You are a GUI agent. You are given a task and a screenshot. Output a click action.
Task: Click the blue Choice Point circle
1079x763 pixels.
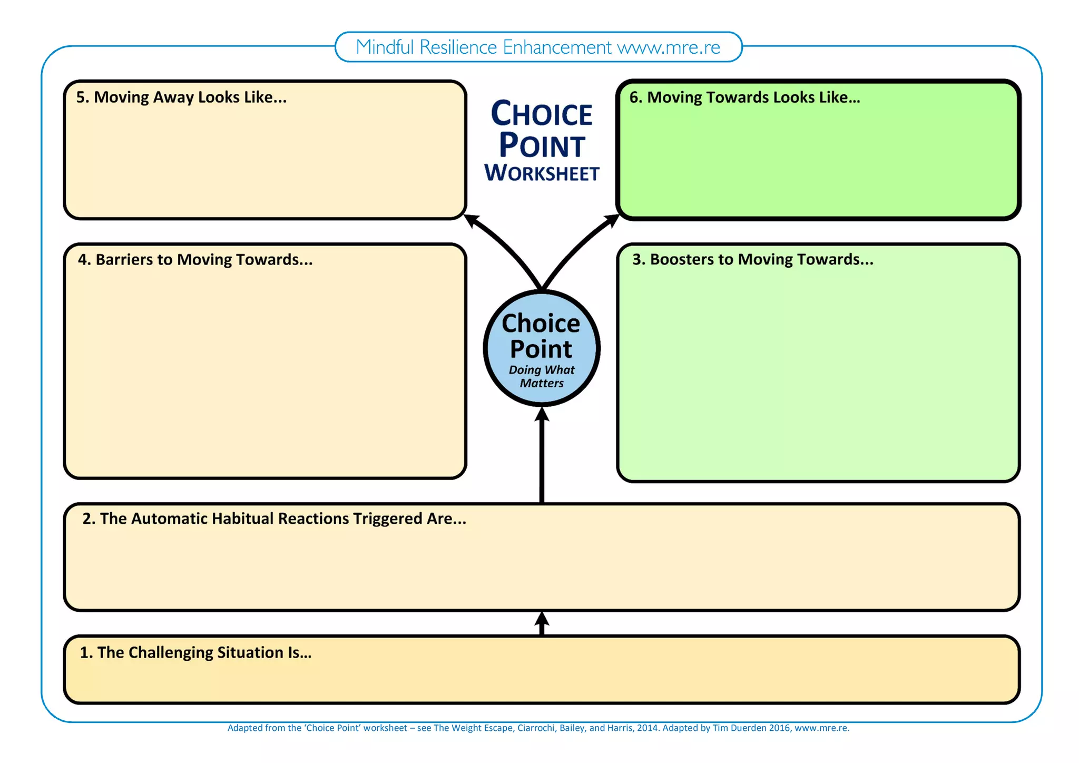tap(542, 348)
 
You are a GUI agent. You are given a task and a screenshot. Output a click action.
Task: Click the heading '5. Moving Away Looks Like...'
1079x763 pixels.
tap(181, 97)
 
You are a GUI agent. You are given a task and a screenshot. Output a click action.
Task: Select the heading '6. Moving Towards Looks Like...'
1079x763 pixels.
tap(744, 97)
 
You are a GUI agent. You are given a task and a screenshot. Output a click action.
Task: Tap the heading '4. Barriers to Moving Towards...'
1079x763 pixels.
tap(195, 260)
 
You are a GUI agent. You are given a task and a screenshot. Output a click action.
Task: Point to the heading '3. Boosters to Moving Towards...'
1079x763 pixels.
tap(753, 259)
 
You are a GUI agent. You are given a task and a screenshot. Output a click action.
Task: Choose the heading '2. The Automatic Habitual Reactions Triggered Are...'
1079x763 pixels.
tap(274, 519)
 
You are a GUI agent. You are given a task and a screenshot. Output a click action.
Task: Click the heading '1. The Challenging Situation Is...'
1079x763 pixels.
tap(195, 653)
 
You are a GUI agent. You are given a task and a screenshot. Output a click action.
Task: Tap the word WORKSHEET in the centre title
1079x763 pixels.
tap(542, 173)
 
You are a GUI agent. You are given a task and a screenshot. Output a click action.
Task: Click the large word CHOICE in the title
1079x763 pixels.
tap(542, 114)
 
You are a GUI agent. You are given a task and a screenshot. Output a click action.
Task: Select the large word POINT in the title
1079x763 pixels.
tap(542, 145)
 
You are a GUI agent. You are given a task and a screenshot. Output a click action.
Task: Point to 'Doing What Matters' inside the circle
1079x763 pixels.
tap(542, 376)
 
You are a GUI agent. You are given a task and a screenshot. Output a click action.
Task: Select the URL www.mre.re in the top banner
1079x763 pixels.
tap(669, 47)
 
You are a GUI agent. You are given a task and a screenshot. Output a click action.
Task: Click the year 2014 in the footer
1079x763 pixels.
tap(647, 728)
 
